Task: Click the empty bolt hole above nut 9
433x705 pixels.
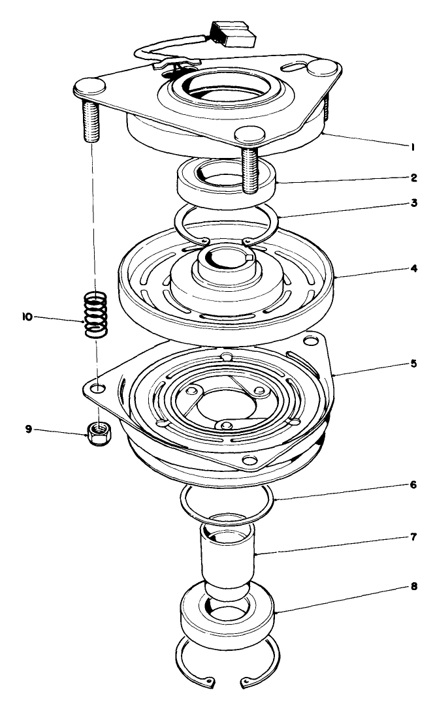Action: [97, 388]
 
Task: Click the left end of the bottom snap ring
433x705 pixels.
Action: [208, 683]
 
